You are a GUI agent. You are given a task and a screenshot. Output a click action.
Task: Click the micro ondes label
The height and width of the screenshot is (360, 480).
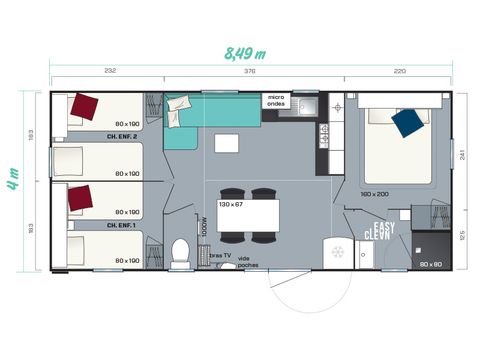276,101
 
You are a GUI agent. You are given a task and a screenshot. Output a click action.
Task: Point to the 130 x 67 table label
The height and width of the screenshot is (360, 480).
232,204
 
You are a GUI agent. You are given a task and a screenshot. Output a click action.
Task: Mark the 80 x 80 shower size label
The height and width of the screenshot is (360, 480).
431,263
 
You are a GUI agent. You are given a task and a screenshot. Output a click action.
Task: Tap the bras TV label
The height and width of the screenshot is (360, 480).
221,256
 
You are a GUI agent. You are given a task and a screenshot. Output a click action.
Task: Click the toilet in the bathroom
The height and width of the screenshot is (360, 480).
181,252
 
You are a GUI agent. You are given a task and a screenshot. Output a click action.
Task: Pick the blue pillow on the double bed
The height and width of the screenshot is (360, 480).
406,122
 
